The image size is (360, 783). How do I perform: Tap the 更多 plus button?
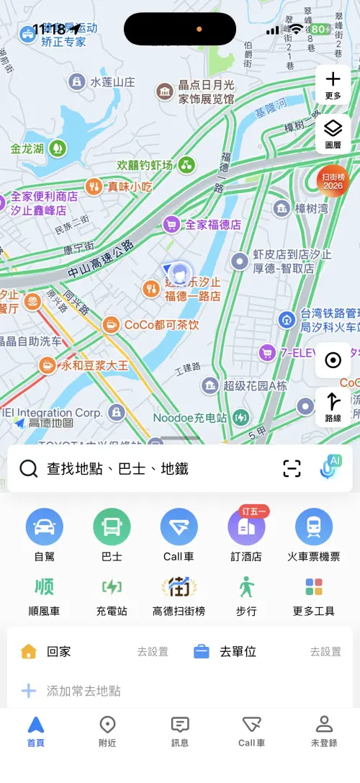point(333,84)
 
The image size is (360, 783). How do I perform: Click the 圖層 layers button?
point(333,133)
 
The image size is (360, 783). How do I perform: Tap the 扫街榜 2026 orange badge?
point(333,181)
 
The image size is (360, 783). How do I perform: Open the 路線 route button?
point(333,407)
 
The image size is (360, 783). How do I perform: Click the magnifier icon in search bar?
point(29,469)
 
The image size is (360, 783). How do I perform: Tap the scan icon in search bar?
point(292,469)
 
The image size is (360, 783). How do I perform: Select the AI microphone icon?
point(330,467)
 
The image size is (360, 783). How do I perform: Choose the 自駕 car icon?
point(44,527)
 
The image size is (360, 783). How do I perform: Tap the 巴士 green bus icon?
point(112,527)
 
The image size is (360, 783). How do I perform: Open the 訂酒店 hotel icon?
point(246,527)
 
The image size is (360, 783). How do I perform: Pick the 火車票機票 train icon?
point(314,527)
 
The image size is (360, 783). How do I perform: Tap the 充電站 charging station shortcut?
point(112,588)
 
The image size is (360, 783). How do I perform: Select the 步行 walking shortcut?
point(246,588)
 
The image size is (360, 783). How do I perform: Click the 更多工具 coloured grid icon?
point(314,588)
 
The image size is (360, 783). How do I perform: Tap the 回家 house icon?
point(29,652)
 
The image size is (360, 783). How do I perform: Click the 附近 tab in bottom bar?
point(107,730)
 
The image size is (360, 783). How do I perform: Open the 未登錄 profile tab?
point(324,730)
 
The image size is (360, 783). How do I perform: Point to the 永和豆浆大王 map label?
point(94,365)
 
